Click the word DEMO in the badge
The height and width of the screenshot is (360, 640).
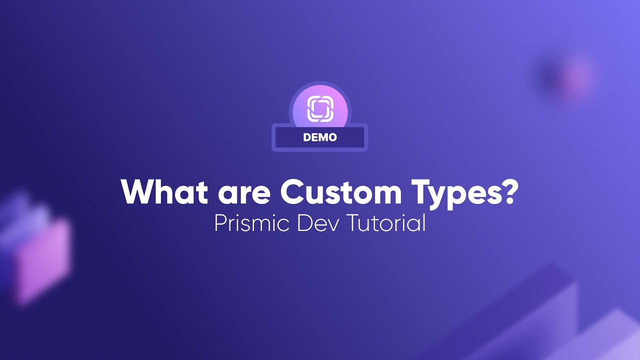coord(320,137)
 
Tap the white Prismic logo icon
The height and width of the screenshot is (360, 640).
coord(320,108)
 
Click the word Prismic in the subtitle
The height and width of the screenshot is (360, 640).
coord(252,223)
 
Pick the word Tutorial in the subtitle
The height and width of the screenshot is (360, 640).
coord(386,223)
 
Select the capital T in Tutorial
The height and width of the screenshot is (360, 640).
coord(354,223)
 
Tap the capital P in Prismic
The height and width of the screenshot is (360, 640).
coord(220,223)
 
